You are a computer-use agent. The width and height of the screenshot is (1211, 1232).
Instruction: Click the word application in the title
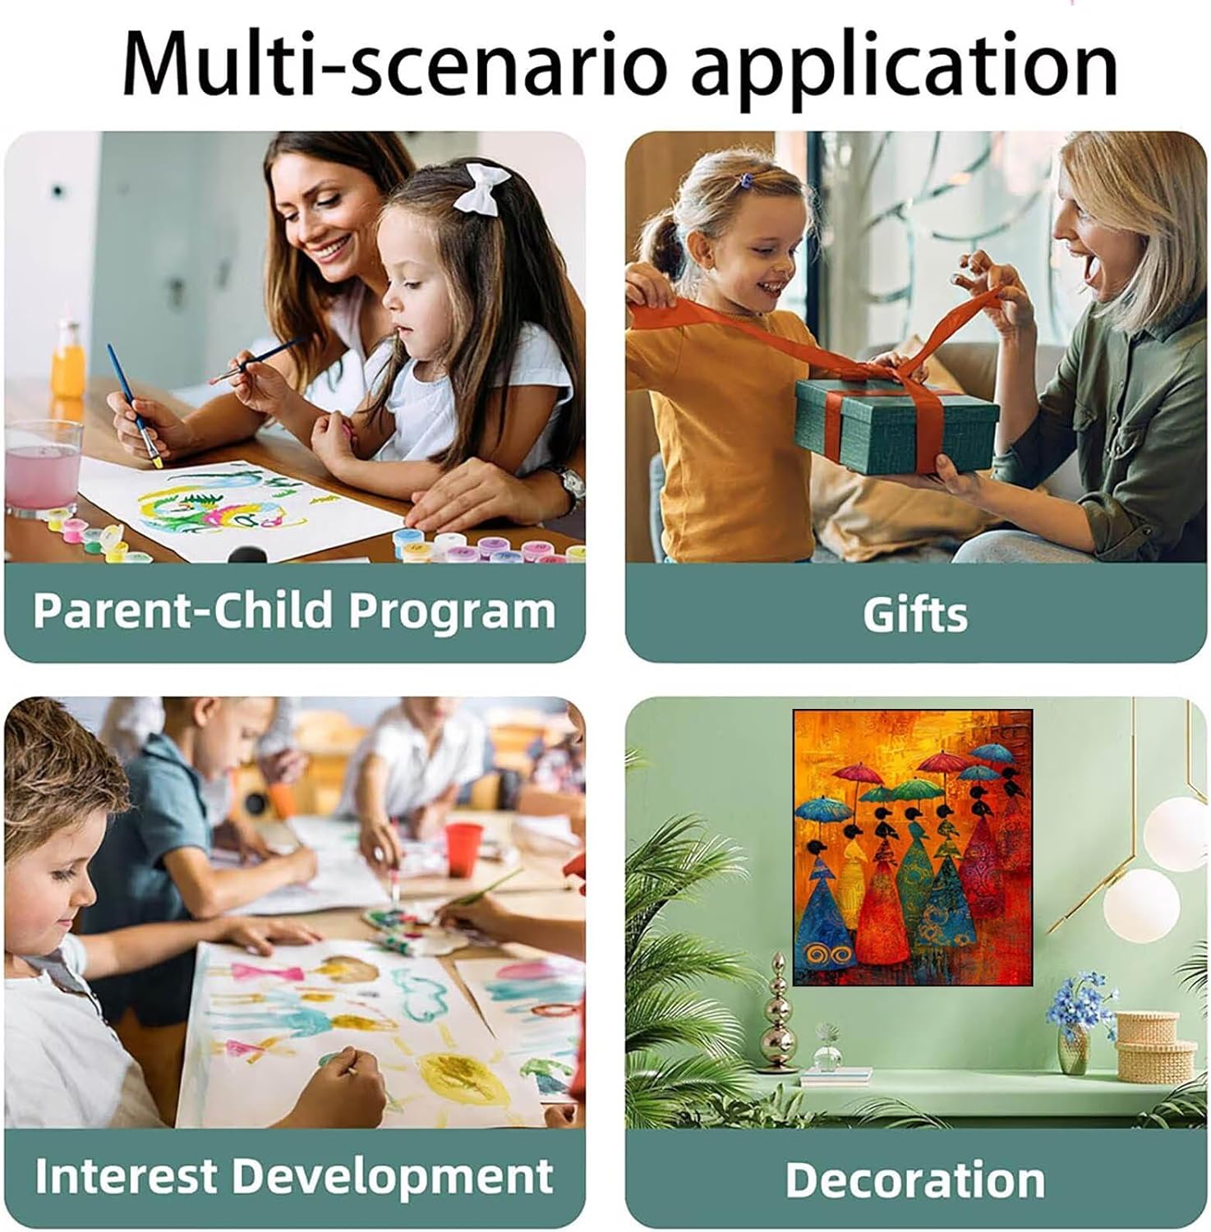click(904, 66)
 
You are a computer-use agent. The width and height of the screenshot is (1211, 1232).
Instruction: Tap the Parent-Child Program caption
click(294, 611)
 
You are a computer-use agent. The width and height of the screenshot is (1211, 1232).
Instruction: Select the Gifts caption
click(915, 614)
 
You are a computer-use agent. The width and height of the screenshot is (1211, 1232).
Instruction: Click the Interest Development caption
click(294, 1175)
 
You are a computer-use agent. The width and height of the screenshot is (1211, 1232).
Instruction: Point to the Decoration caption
click(915, 1179)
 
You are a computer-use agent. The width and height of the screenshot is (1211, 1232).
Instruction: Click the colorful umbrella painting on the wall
click(912, 847)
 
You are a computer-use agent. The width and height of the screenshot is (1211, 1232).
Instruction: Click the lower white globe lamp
click(1141, 907)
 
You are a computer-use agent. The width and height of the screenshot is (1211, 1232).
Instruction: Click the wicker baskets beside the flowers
click(1154, 1047)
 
